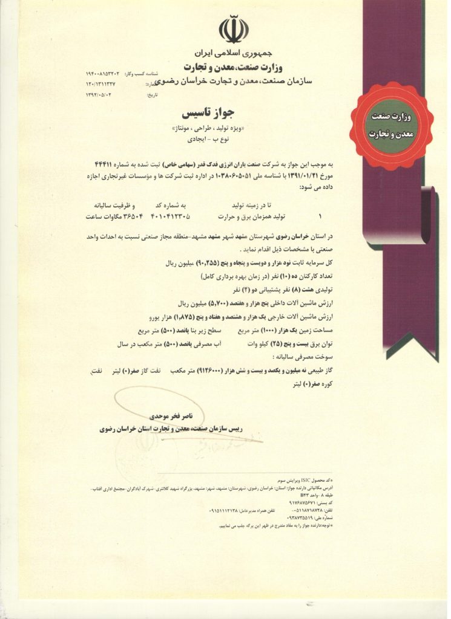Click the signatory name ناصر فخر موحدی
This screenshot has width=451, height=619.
(173, 417)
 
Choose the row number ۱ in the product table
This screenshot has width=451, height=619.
(320, 216)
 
